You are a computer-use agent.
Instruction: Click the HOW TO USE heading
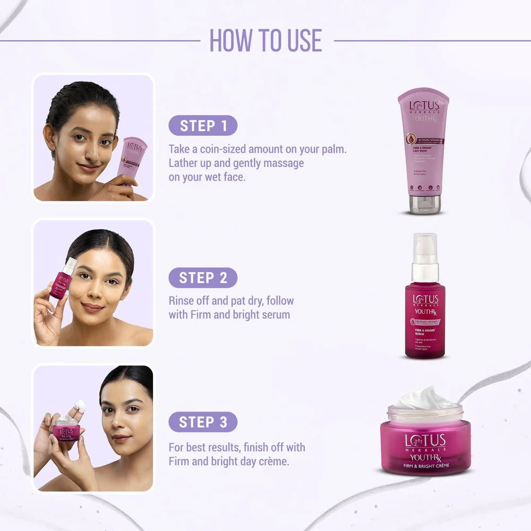pyautogui.click(x=265, y=40)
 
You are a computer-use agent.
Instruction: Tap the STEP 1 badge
pyautogui.click(x=203, y=126)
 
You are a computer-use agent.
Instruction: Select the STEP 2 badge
pyautogui.click(x=203, y=278)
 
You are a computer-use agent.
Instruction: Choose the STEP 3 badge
pyautogui.click(x=203, y=422)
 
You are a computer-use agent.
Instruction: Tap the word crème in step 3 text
pyautogui.click(x=272, y=461)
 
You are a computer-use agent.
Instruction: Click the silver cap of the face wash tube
pyautogui.click(x=424, y=204)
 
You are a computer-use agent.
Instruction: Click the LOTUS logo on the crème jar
pyautogui.click(x=425, y=441)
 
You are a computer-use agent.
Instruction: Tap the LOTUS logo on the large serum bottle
pyautogui.click(x=425, y=299)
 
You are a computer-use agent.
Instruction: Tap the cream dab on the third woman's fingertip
pyautogui.click(x=81, y=405)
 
